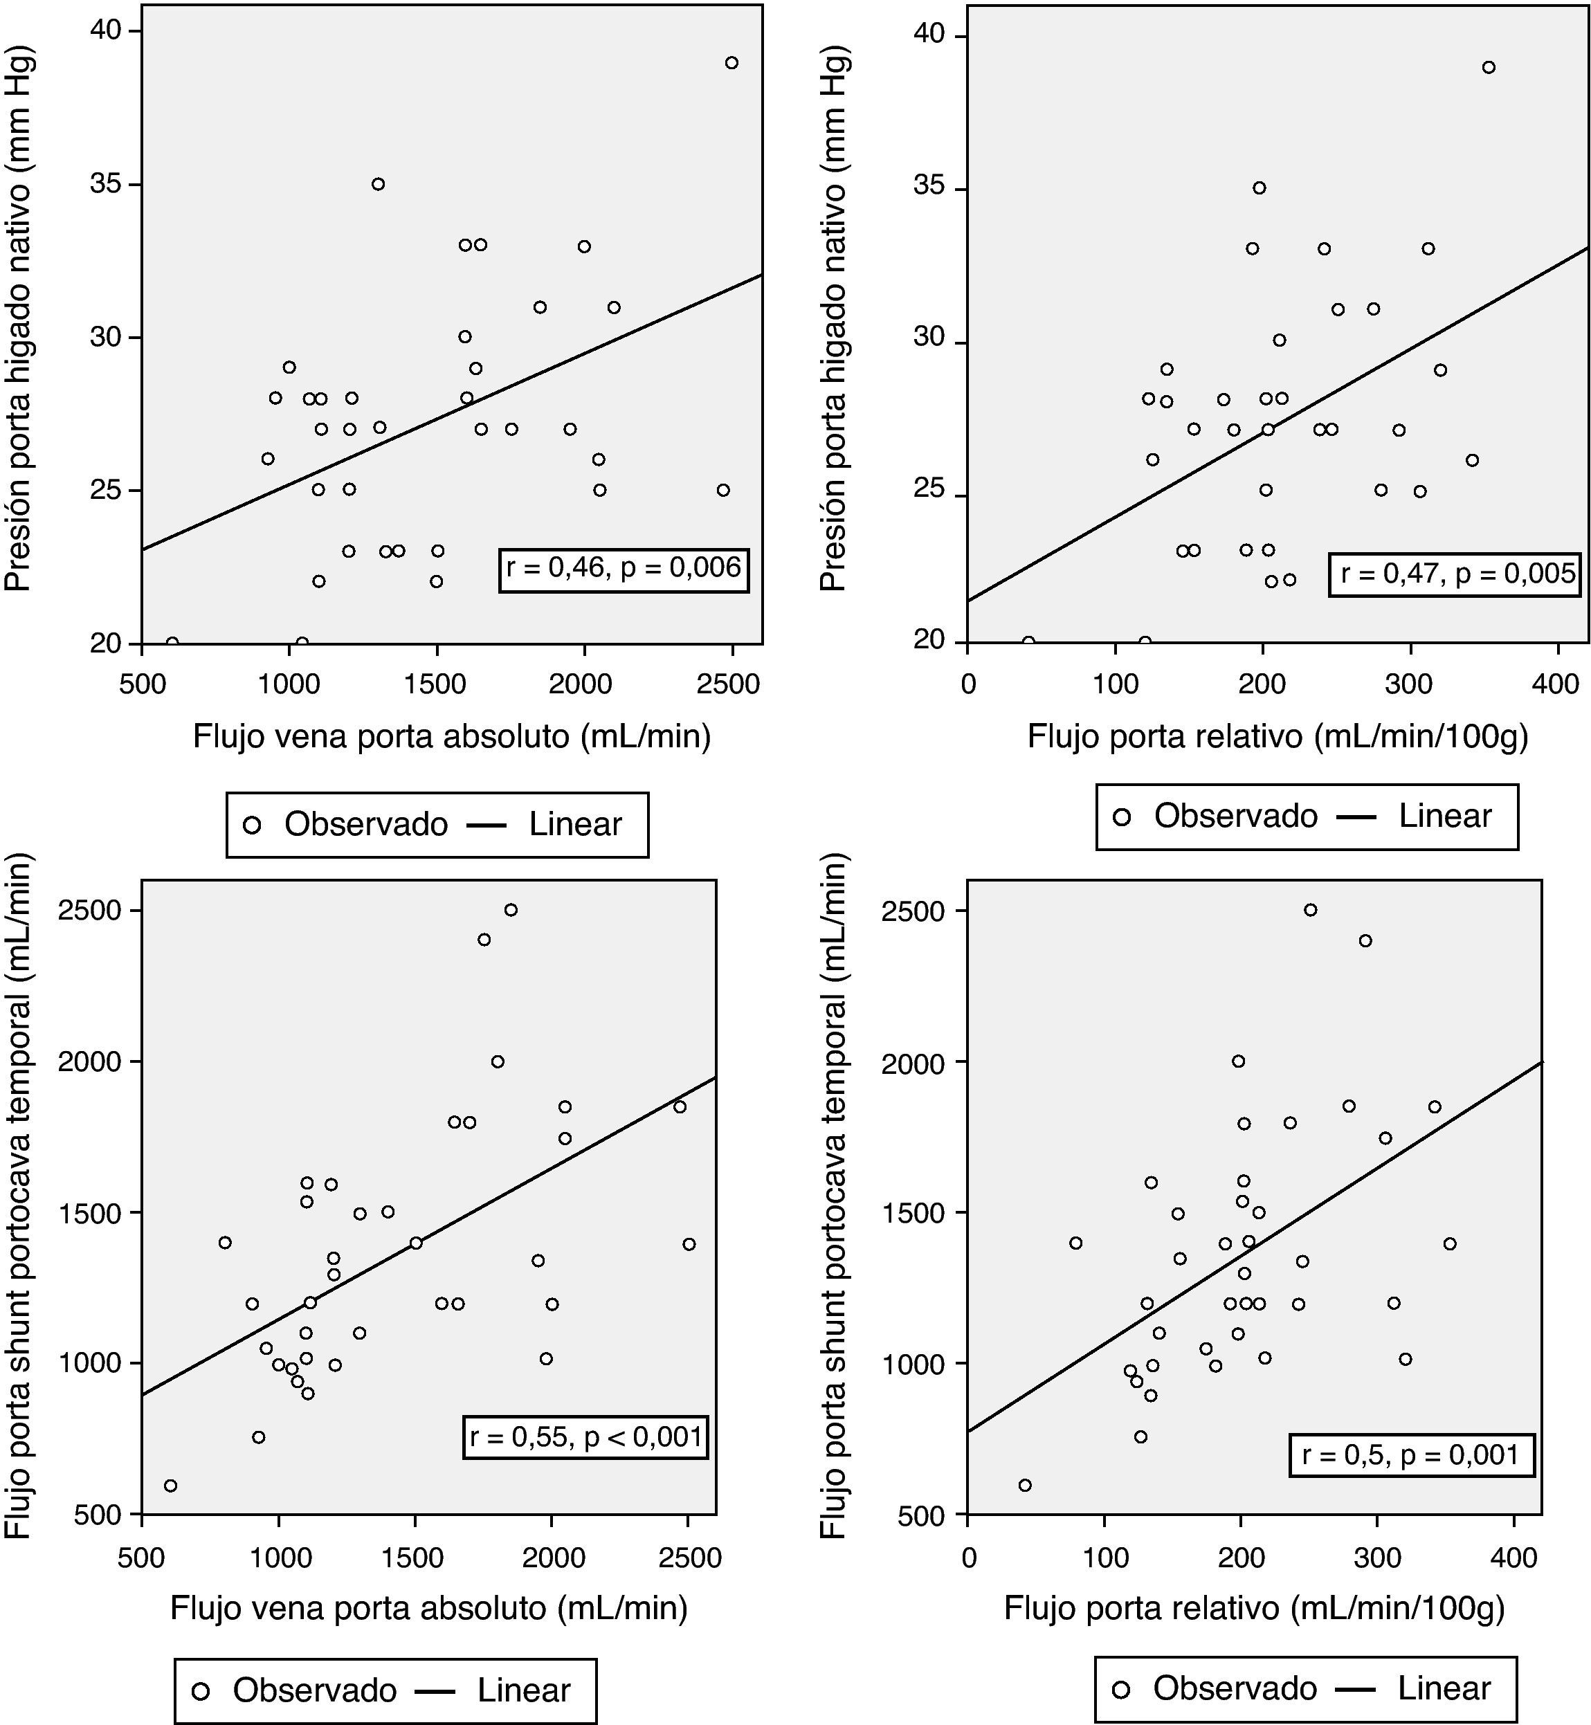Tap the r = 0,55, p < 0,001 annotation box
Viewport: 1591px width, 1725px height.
tap(585, 1436)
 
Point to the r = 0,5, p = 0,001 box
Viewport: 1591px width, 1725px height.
tap(1410, 1454)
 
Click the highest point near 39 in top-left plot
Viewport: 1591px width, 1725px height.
tap(731, 63)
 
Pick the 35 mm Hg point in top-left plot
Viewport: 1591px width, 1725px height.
tap(378, 184)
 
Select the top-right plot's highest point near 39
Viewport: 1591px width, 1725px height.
tap(1489, 67)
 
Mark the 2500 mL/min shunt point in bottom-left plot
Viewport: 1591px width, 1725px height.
tap(511, 910)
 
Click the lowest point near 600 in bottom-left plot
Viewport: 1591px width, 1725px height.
tap(170, 1486)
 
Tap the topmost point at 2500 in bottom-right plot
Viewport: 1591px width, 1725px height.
tap(1310, 910)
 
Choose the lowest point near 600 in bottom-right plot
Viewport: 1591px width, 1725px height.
tap(1024, 1485)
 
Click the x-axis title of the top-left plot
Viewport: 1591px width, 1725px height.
tap(451, 737)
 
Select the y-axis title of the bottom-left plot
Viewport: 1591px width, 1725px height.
tap(19, 1196)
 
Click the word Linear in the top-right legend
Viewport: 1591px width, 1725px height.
tap(1445, 816)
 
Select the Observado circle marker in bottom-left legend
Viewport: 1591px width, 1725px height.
tap(201, 1690)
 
